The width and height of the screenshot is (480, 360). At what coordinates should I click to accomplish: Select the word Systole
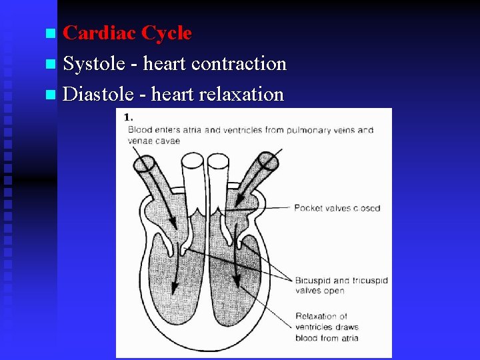point(93,64)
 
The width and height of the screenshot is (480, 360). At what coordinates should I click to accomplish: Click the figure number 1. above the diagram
point(128,117)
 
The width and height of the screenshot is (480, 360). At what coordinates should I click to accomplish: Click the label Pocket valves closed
point(337,208)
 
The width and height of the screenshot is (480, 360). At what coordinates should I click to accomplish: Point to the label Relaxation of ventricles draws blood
point(326,327)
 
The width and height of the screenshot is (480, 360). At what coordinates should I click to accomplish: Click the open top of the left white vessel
point(193,161)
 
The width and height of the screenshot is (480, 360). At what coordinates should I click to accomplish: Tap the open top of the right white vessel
point(218,161)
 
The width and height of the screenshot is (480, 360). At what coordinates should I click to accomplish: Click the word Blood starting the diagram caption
point(140,130)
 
